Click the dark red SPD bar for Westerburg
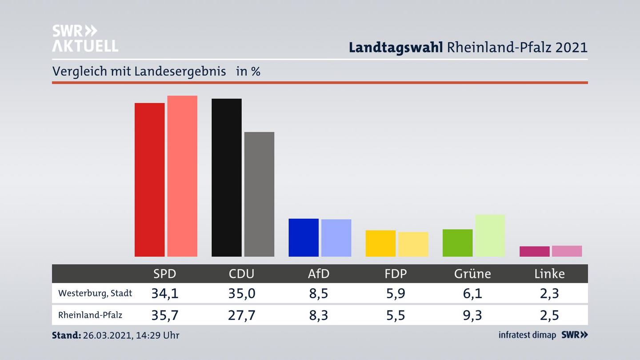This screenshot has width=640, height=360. pyautogui.click(x=149, y=180)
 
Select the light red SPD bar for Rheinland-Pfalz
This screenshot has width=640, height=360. pyautogui.click(x=182, y=176)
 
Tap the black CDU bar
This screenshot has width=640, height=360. pyautogui.click(x=227, y=177)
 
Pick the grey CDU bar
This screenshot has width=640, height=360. pyautogui.click(x=259, y=194)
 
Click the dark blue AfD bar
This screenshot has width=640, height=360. pyautogui.click(x=304, y=237)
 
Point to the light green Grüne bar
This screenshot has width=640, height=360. pyautogui.click(x=490, y=236)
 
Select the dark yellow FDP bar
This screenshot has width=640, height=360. pyautogui.click(x=380, y=243)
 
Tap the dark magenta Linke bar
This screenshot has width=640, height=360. pyautogui.click(x=534, y=251)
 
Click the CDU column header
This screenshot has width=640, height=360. pyautogui.click(x=241, y=273)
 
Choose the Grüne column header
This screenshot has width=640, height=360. pyautogui.click(x=472, y=273)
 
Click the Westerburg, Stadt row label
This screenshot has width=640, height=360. pyautogui.click(x=95, y=293)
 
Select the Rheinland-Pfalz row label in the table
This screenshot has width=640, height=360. pyautogui.click(x=90, y=315)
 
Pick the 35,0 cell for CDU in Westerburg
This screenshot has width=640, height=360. pyautogui.click(x=241, y=293)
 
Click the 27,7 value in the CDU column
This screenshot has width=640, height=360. pyautogui.click(x=241, y=315)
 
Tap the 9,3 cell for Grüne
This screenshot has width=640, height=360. pyautogui.click(x=472, y=315)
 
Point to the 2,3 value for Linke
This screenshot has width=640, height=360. pyautogui.click(x=549, y=293)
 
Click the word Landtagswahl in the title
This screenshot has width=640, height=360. pyautogui.click(x=396, y=48)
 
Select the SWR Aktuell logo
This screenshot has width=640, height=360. pyautogui.click(x=85, y=38)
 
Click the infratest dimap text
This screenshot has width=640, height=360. pyautogui.click(x=527, y=335)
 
